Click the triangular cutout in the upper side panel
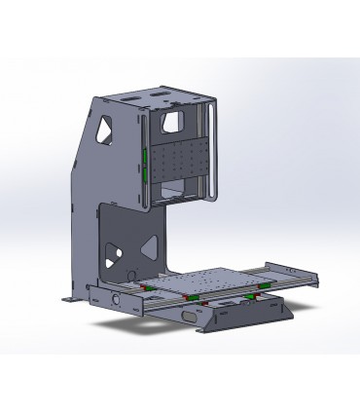104,130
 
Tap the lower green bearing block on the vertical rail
143,177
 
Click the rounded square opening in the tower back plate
171,121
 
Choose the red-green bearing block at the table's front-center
192,296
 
